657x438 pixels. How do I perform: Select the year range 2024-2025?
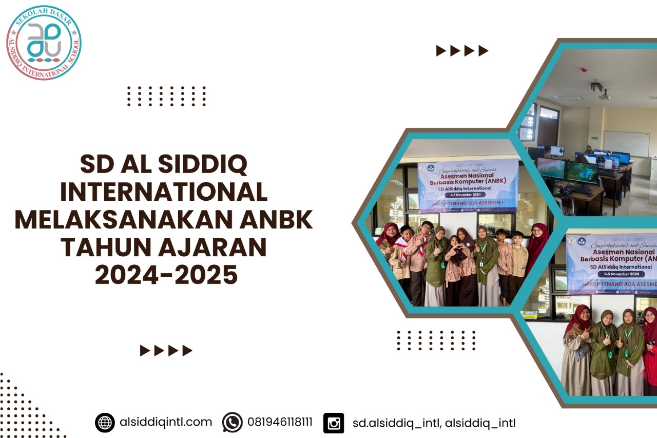click(x=166, y=275)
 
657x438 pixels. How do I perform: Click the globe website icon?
click(x=105, y=423)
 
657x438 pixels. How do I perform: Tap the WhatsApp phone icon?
click(x=233, y=423)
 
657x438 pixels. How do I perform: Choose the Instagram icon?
click(x=334, y=423)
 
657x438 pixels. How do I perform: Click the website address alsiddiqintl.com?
click(x=165, y=422)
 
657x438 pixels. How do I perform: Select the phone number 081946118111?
click(x=280, y=422)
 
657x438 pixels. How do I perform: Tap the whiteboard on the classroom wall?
click(x=626, y=143)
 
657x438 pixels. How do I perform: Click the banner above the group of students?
click(x=468, y=185)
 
